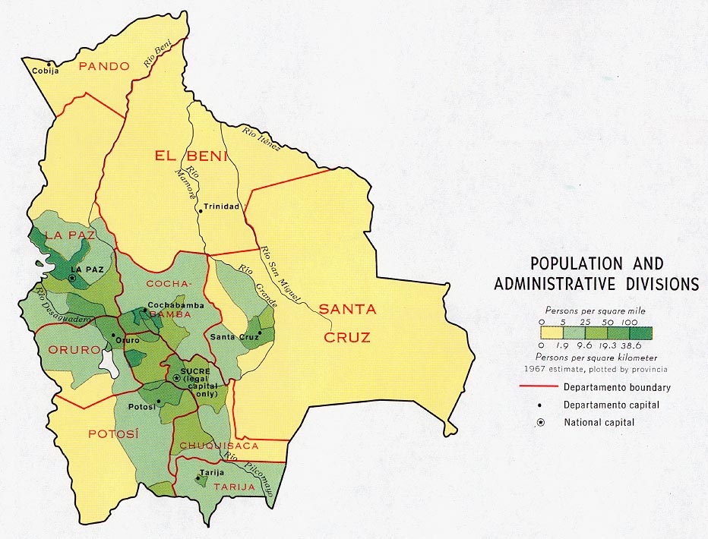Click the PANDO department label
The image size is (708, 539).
104,66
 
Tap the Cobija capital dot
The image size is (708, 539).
50,63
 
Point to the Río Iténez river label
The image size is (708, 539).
261,138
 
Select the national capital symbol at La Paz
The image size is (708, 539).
71,279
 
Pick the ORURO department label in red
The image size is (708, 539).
74,350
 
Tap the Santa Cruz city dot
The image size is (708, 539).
260,333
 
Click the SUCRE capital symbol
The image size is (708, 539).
177,377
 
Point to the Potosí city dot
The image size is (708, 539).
158,402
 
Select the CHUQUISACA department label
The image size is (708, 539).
219,446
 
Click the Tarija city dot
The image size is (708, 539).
200,478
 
